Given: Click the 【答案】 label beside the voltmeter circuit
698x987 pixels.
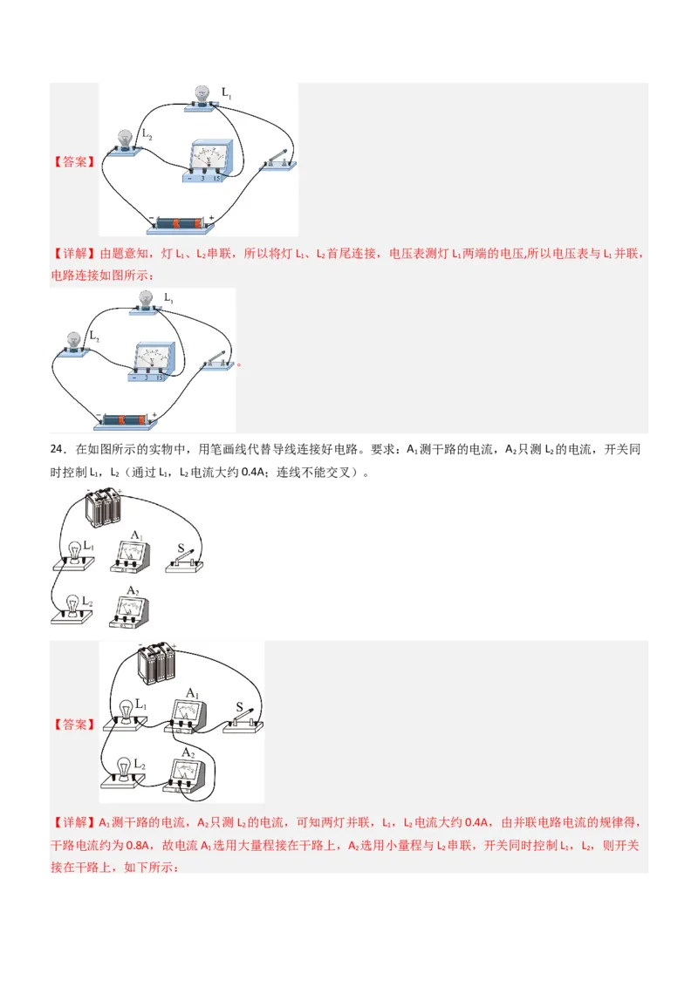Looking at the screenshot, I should pos(73,161).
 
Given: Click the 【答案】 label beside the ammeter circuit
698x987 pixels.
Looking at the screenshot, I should pos(73,725).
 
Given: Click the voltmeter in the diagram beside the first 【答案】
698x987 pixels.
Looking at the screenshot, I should pos(209,160).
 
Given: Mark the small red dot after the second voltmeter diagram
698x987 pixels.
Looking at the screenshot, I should pos(239,365).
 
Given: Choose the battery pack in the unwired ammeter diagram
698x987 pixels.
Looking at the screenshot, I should pos(102,507).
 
